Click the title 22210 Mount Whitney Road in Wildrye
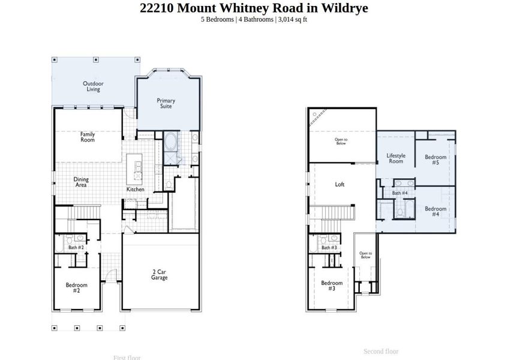(x=254, y=8)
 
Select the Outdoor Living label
(x=92, y=86)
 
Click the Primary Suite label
(x=166, y=103)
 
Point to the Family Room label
(x=88, y=137)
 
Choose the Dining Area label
(x=81, y=182)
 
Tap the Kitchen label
(x=135, y=190)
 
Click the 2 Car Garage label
(x=160, y=275)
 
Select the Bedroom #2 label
(x=76, y=287)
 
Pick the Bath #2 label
(x=76, y=247)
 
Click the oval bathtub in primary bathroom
(x=171, y=142)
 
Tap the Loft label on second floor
(x=339, y=185)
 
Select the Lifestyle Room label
(x=396, y=158)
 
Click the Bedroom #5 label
(x=435, y=160)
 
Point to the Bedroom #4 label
(x=435, y=211)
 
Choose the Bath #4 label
(x=400, y=193)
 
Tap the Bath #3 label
(x=329, y=247)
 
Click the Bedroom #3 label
(x=332, y=286)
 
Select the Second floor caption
(x=381, y=351)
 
